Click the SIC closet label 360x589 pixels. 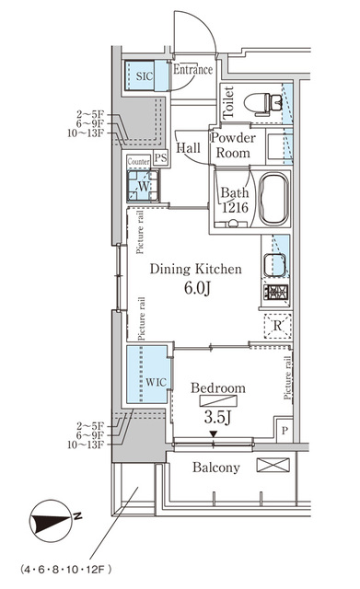[x=145, y=77]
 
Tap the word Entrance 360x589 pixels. [x=193, y=69]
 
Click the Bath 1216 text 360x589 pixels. [x=234, y=201]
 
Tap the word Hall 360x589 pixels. [x=189, y=147]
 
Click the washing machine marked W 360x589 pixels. [x=143, y=187]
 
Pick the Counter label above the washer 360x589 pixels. [x=138, y=161]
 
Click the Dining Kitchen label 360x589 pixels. [x=195, y=269]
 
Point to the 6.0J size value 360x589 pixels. [x=195, y=290]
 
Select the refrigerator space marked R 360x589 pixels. [x=277, y=325]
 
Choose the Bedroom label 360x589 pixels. [x=218, y=388]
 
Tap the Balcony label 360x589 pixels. [x=216, y=468]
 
